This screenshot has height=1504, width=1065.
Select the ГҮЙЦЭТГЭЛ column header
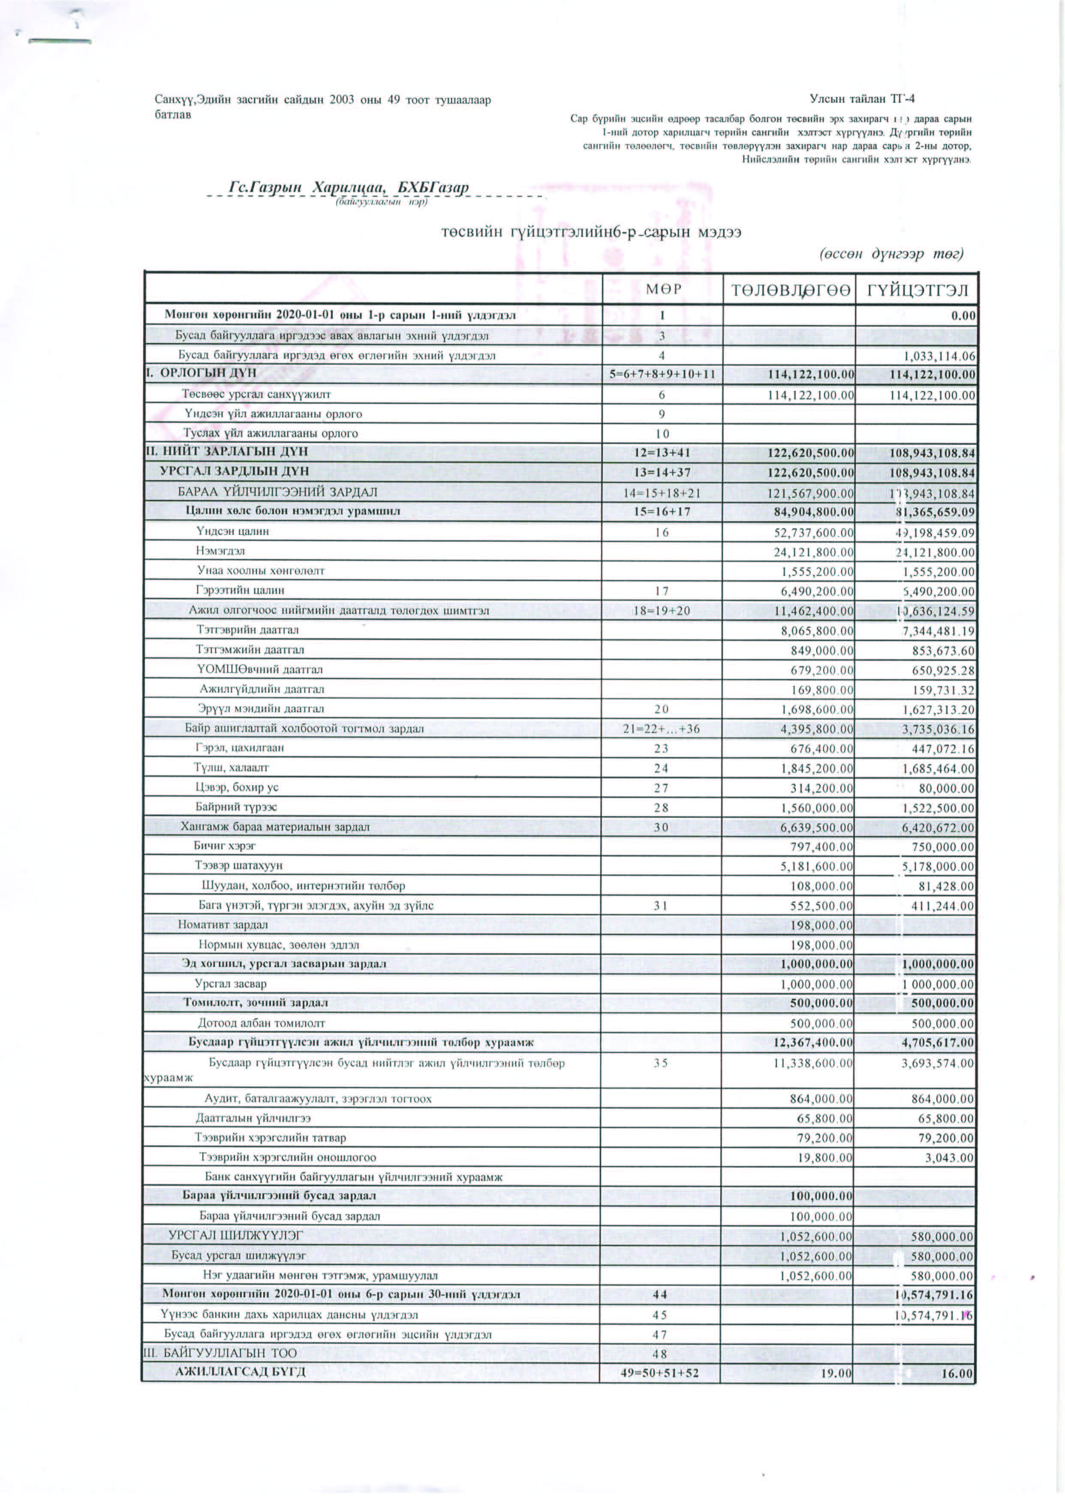coord(917,289)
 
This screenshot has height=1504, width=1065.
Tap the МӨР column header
coord(662,289)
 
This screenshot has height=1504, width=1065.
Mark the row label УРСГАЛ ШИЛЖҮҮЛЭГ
coord(236,1236)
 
